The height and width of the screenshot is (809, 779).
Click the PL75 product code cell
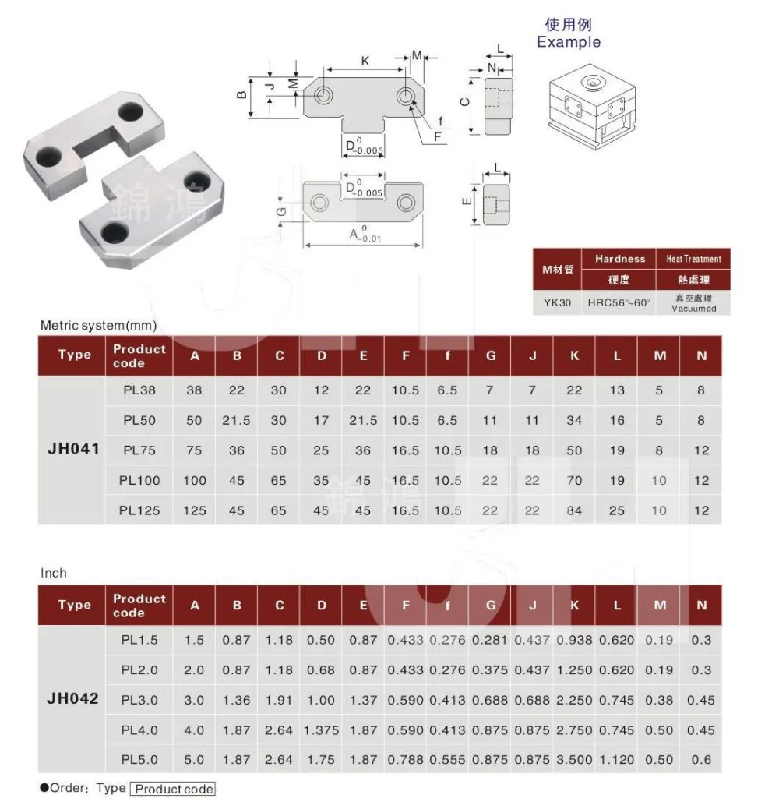coord(139,450)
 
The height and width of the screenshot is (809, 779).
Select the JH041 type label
coord(74,450)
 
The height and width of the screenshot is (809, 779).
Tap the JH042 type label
coord(74,699)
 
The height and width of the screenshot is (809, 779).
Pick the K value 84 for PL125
coord(574,510)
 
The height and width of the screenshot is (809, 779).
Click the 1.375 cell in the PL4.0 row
coord(321,730)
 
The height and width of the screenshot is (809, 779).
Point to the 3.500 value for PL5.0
coord(574,759)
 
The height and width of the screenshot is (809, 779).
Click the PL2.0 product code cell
coord(139,669)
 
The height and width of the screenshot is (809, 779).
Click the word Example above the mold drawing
coord(569,42)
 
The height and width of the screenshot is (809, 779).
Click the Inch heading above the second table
coord(54,573)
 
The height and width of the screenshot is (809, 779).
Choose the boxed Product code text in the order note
coord(172,789)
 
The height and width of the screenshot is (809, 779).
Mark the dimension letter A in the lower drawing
coord(354,233)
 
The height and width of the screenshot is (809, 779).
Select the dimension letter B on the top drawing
coord(242,95)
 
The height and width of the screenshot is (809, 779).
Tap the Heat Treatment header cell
coord(693,259)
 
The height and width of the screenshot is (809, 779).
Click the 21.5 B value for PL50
coord(236,420)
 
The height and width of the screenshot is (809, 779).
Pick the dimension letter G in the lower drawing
coord(281,210)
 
